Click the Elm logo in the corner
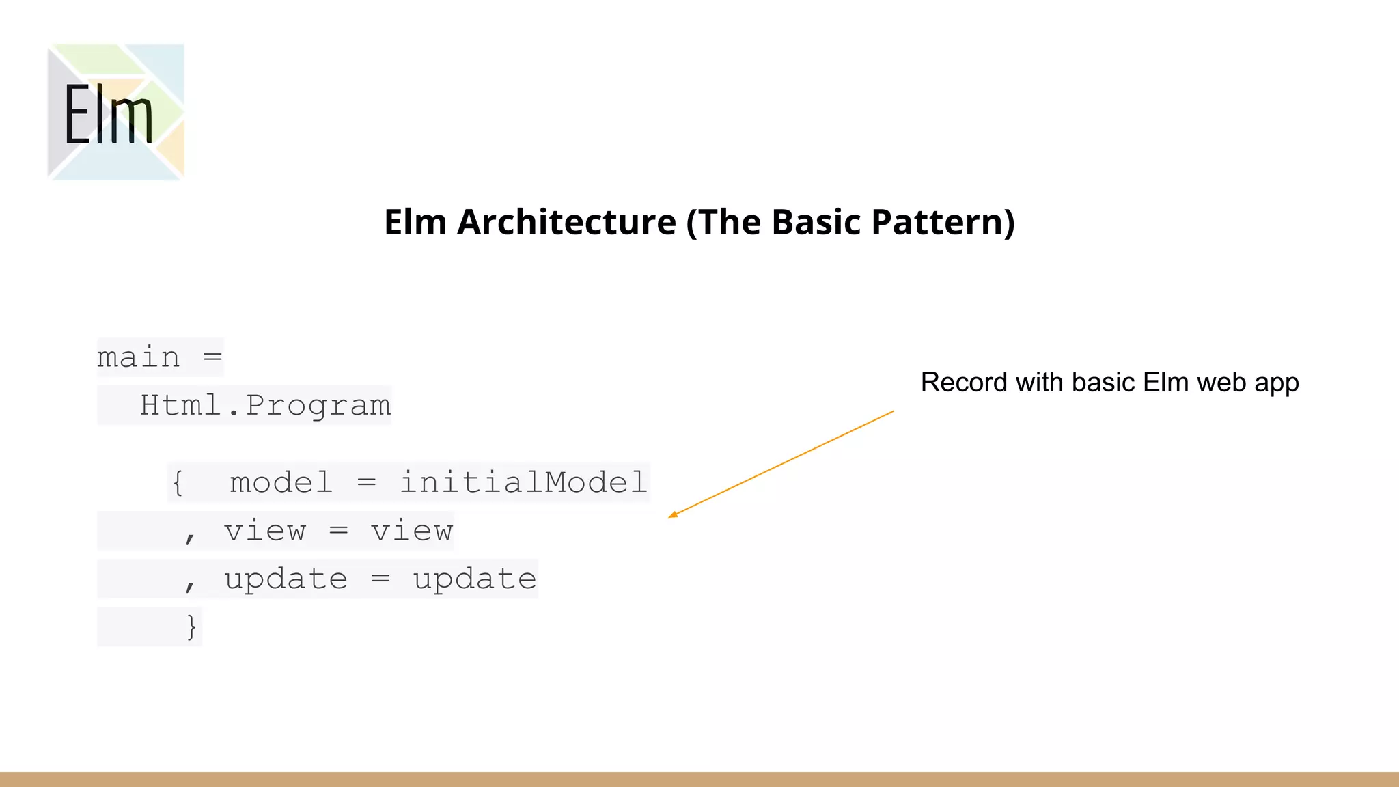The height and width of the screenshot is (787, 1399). tap(115, 112)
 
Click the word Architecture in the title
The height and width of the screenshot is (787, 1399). tap(566, 222)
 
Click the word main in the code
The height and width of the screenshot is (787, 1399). tap(139, 357)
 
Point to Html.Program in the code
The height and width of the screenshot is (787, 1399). tap(265, 405)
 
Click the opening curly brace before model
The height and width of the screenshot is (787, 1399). tap(178, 482)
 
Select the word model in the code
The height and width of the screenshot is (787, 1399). tap(281, 482)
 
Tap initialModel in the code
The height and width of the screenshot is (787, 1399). tap(523, 482)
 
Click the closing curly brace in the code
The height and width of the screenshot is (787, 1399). tap(191, 626)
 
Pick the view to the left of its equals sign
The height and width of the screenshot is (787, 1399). tap(265, 531)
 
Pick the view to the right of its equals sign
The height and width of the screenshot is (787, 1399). tap(411, 531)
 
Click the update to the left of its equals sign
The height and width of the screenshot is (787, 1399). tap(286, 579)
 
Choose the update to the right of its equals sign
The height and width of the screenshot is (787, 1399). tap(474, 579)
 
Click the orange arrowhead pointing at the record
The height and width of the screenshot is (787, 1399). tap(673, 514)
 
